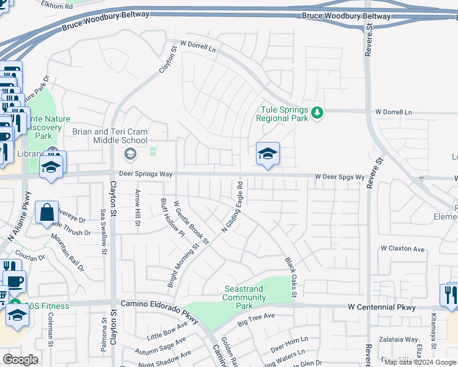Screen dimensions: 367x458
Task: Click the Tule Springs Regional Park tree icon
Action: [x=317, y=113]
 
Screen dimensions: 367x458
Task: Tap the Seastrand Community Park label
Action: [x=244, y=297]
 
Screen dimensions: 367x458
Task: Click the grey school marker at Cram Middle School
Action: [x=129, y=153]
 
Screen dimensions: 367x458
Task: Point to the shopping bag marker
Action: [x=47, y=213]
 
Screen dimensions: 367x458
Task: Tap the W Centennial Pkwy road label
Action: [x=381, y=307]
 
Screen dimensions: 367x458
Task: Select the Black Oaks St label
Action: [x=291, y=277]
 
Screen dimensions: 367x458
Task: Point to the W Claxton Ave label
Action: [x=402, y=249]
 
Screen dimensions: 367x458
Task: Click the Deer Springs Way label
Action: [x=146, y=174]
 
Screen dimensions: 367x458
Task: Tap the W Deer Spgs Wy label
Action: [x=340, y=177]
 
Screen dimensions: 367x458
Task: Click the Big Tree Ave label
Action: [x=257, y=320]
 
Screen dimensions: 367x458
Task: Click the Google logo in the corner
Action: [x=21, y=359]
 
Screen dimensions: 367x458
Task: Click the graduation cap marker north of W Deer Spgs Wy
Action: [x=268, y=155]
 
